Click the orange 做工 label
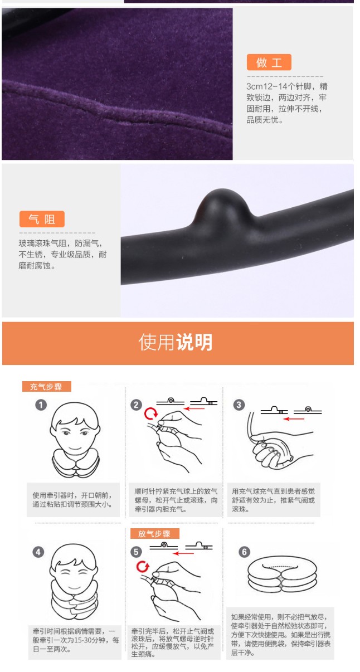(269, 62)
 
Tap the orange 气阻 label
(42, 219)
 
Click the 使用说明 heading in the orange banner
(176, 342)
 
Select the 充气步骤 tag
(46, 386)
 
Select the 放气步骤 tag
(155, 534)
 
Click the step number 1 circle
(41, 405)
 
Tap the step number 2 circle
(136, 405)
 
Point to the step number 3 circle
(239, 405)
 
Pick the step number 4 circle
(38, 552)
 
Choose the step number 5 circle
(136, 552)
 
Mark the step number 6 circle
(244, 552)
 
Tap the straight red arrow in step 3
(294, 419)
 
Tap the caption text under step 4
(76, 640)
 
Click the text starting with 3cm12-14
(286, 103)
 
